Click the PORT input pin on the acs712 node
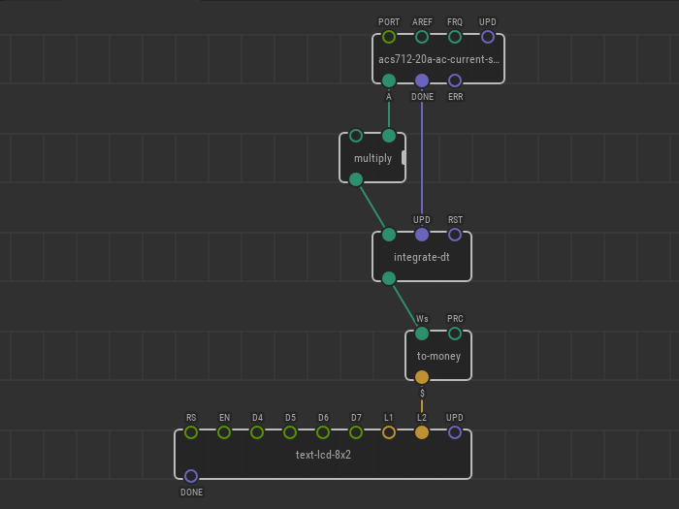pos(389,37)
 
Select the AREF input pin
pos(422,37)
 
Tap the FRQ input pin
pos(455,37)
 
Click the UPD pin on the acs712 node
pos(488,37)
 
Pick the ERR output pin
pos(455,80)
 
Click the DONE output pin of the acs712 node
pos(422,80)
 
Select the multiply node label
pos(372,158)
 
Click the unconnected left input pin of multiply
pos(356,136)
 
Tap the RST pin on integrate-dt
pos(455,235)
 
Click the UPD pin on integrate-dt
pos(422,235)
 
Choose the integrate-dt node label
pos(421,257)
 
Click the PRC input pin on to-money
pos(455,334)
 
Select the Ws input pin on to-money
pos(422,334)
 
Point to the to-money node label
pos(438,356)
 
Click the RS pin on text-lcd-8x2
pos(191,432)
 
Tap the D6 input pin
pos(323,432)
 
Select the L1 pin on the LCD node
pos(389,432)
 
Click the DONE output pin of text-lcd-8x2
pos(191,476)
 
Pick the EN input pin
pos(224,432)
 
